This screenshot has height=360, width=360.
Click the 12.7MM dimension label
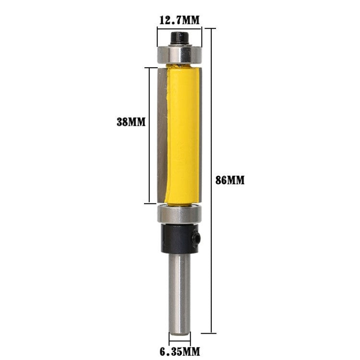(x=180, y=20)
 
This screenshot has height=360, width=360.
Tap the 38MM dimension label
(x=131, y=122)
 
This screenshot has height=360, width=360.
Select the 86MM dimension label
(x=230, y=180)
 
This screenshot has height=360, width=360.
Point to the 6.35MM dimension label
(x=180, y=351)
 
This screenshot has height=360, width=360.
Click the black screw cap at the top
(x=180, y=38)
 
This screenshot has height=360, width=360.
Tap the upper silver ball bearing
(x=180, y=54)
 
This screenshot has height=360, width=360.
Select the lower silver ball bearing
(x=180, y=214)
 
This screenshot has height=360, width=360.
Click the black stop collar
(x=180, y=239)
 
